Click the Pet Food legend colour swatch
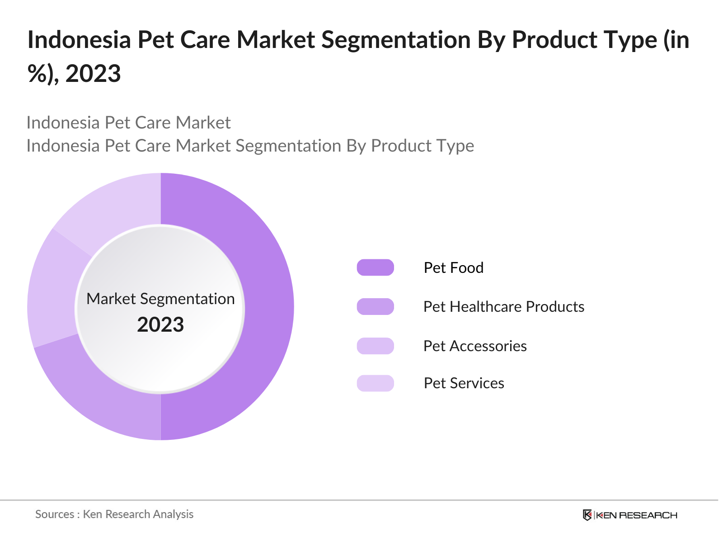(375, 267)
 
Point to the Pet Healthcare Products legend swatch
(375, 306)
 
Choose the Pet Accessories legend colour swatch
(375, 346)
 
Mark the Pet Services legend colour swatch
(375, 383)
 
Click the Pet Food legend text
(453, 267)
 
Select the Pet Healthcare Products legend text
(503, 306)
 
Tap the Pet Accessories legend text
(475, 346)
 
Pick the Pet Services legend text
(464, 383)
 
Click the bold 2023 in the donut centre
(160, 324)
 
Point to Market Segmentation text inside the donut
(160, 299)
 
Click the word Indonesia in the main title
(79, 39)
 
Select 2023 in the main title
(93, 73)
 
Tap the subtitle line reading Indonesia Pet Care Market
(128, 123)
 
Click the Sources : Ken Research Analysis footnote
(114, 514)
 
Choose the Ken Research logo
(630, 515)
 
